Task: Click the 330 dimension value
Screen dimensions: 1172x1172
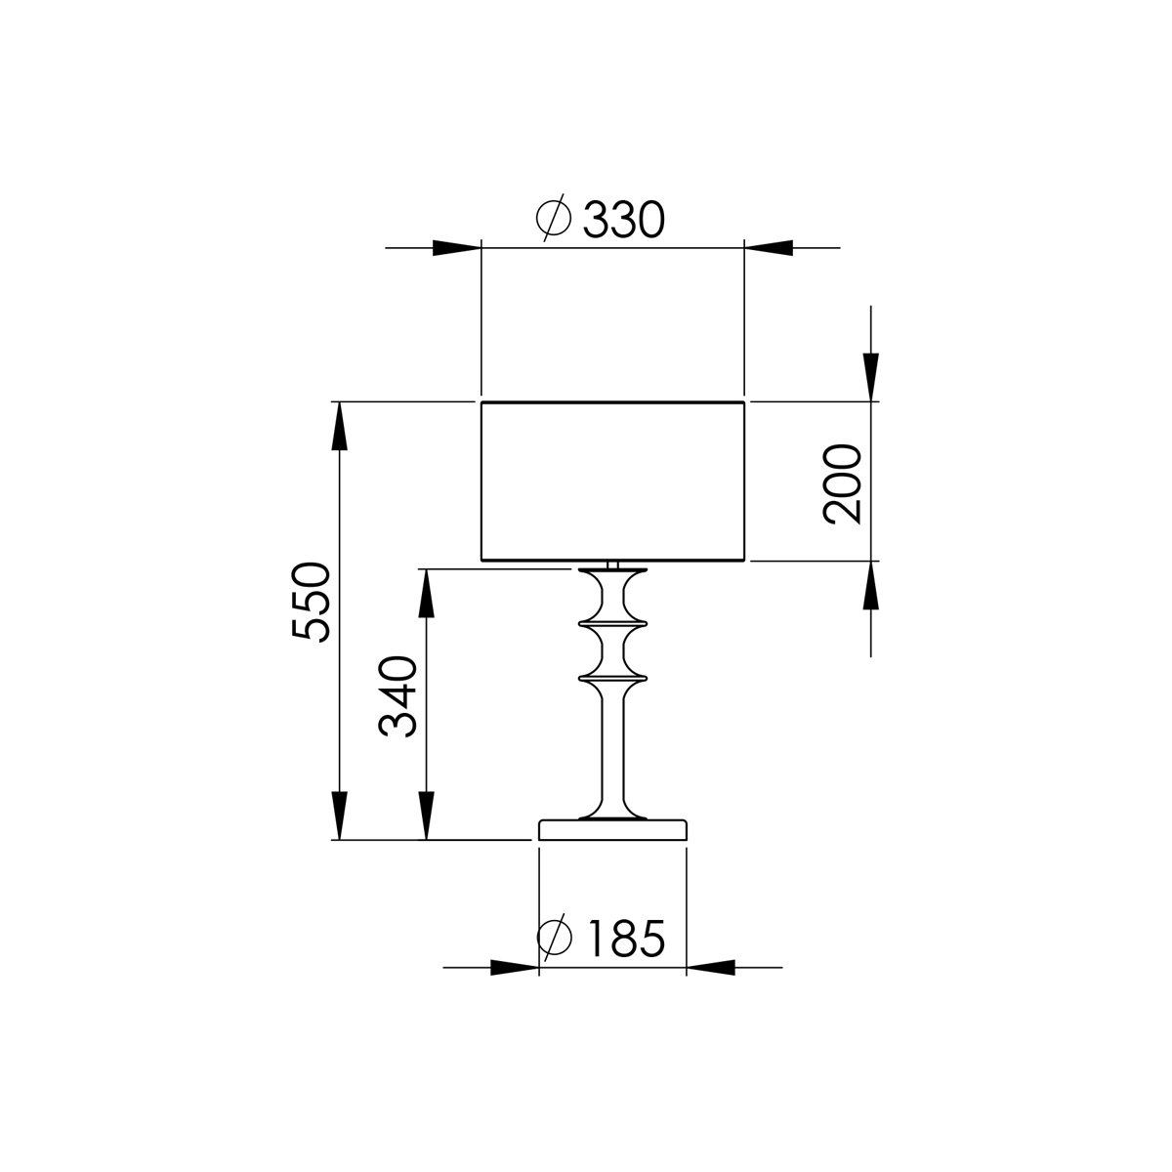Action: (624, 221)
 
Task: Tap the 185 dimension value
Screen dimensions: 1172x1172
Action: (626, 939)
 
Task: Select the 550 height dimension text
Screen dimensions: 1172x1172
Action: (313, 601)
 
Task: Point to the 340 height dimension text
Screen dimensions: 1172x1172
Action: (398, 696)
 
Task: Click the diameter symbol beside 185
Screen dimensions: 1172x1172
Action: (555, 938)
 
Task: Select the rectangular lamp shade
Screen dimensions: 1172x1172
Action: (613, 481)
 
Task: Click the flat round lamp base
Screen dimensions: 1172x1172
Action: (612, 830)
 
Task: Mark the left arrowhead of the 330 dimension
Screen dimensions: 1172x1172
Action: (456, 248)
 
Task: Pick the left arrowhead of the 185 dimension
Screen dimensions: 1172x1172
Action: (514, 968)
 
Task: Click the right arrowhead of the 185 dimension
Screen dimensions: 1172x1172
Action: (711, 968)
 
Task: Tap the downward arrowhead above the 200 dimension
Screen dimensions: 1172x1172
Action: (871, 376)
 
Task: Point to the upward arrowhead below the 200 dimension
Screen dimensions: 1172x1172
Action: (871, 586)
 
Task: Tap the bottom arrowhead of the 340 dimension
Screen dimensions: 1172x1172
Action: (426, 815)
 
